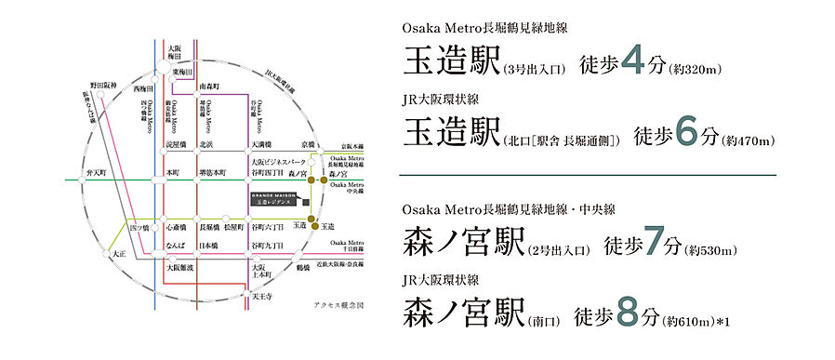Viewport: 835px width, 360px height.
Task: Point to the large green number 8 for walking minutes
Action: [x=626, y=315]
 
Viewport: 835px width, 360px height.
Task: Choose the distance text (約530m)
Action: [x=711, y=249]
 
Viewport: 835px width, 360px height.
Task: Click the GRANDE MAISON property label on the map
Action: [x=273, y=198]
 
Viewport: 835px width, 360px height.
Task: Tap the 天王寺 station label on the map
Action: [x=264, y=298]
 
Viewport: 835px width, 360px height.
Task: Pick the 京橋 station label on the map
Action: [x=307, y=145]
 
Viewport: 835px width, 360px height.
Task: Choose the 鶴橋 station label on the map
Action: [x=303, y=267]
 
